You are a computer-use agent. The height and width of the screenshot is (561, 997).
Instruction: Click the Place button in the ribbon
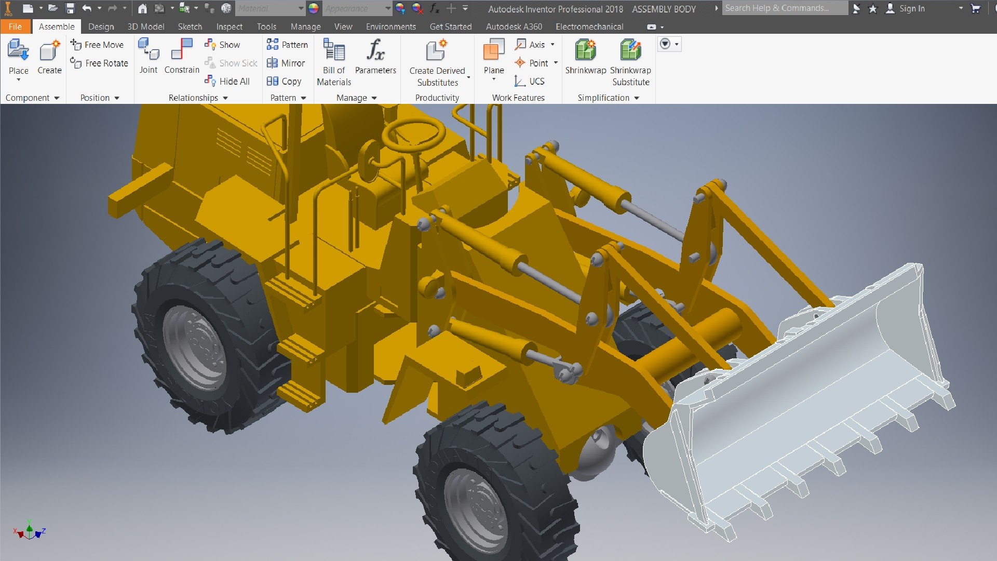point(18,57)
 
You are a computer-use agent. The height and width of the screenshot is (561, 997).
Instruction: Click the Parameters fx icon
point(375,51)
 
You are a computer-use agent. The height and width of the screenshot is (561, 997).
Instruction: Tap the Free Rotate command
point(100,63)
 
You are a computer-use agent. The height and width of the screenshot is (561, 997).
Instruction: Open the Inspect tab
point(229,26)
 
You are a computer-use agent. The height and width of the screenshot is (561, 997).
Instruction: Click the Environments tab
point(390,26)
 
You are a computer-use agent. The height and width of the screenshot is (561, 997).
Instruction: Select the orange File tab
point(15,26)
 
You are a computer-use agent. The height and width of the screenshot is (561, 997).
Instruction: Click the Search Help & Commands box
point(784,8)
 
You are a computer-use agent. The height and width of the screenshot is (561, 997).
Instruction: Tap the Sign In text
point(912,8)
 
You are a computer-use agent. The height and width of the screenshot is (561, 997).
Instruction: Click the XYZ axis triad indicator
point(30,531)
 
